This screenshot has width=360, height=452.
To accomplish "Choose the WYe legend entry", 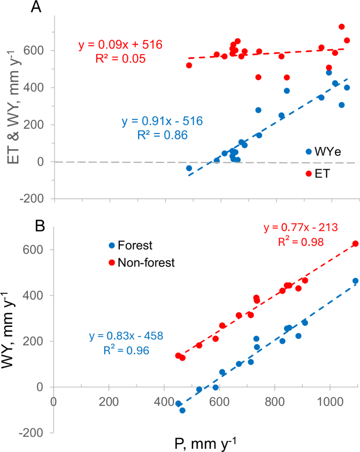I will pyautogui.click(x=323, y=152).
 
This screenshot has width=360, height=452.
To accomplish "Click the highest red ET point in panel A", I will pyautogui.click(x=342, y=27).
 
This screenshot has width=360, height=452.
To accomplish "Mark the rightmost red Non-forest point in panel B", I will pyautogui.click(x=355, y=244).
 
